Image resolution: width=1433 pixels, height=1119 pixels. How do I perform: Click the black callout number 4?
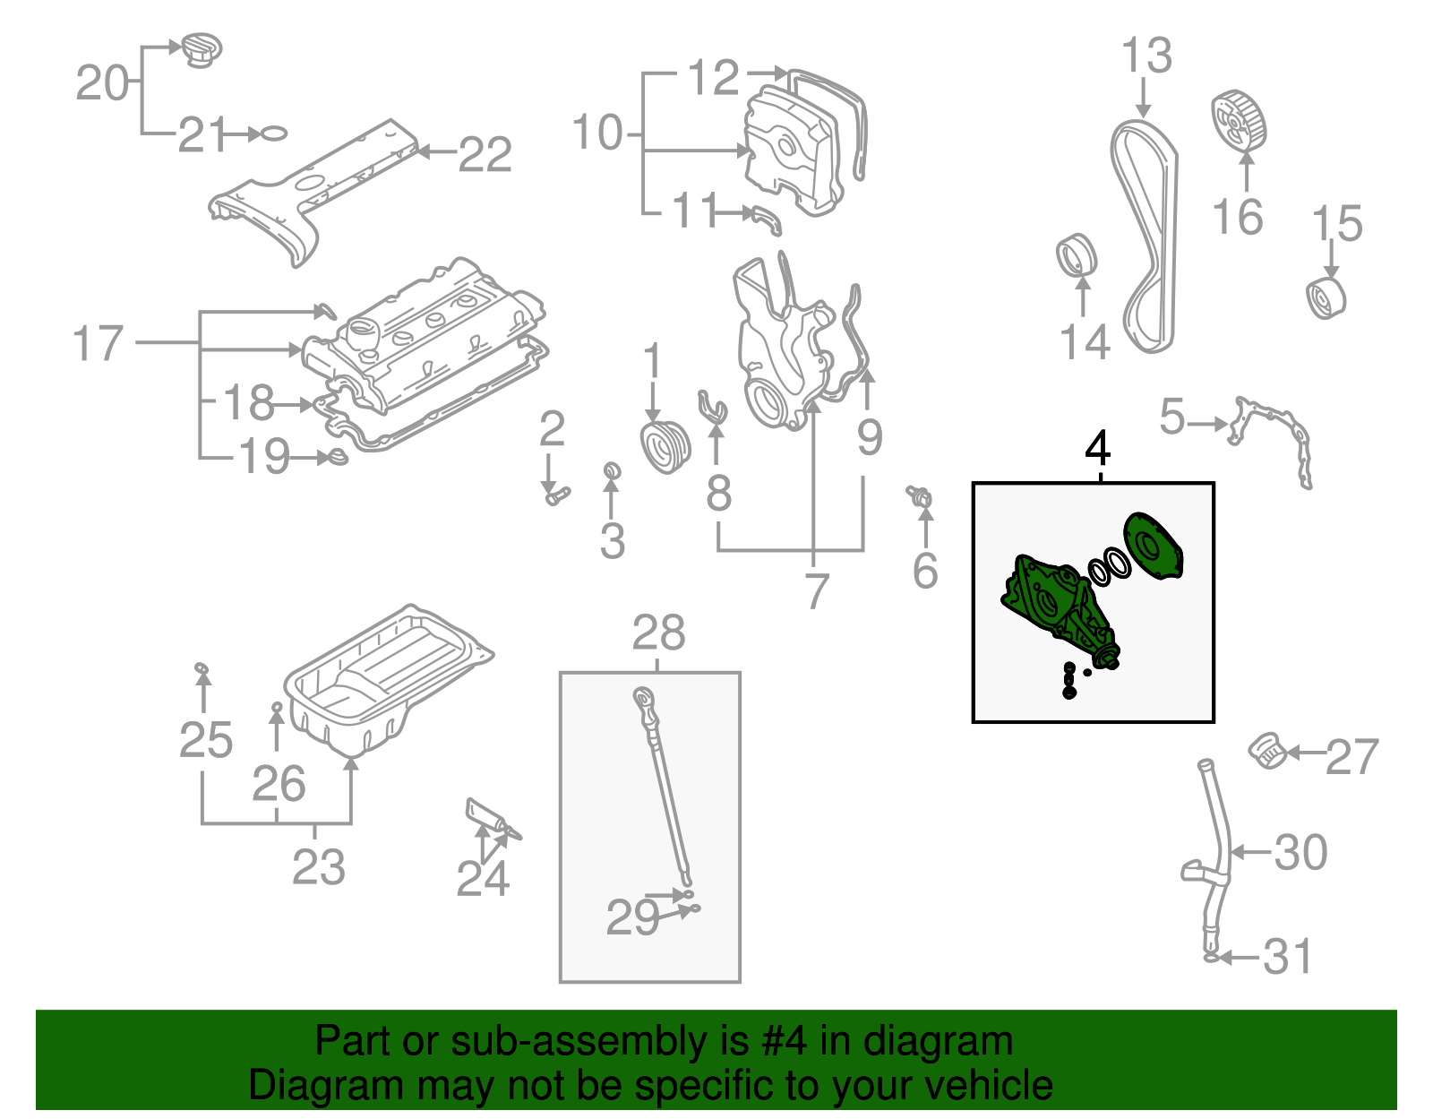[1097, 448]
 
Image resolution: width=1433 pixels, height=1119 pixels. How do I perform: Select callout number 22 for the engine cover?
[485, 154]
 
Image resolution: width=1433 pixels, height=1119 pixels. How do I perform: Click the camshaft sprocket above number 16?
[1239, 121]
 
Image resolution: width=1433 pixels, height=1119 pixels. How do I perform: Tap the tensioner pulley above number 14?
[1076, 255]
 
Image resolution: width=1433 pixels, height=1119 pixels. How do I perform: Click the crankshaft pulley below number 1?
[665, 448]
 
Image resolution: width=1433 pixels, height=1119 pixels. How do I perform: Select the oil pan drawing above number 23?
[385, 681]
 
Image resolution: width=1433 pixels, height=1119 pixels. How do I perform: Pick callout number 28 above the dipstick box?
[658, 633]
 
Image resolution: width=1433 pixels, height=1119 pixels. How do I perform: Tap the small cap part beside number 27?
[1267, 750]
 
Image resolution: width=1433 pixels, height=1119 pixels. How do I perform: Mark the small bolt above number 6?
[920, 495]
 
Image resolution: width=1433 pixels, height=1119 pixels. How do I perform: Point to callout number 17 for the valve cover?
[97, 344]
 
